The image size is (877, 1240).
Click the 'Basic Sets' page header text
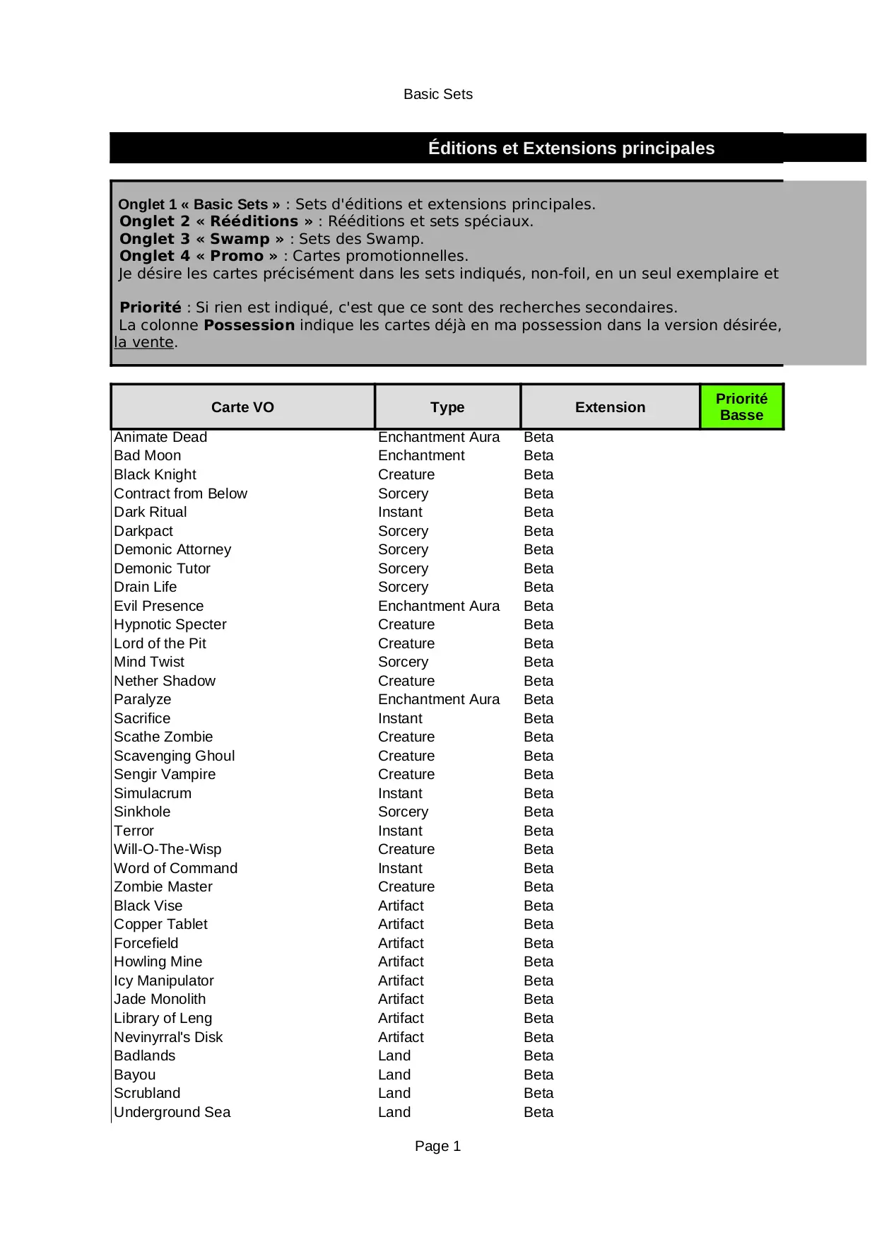[437, 94]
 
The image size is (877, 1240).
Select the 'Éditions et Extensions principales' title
[571, 148]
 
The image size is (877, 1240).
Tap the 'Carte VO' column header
[242, 407]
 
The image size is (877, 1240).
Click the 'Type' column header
[447, 407]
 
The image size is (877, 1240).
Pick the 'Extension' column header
[610, 407]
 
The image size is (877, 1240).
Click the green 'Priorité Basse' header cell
[741, 407]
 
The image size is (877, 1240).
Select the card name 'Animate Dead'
[160, 437]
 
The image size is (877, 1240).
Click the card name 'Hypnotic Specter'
[170, 624]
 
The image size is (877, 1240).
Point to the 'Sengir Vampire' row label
[165, 774]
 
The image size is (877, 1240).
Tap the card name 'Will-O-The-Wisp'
[167, 849]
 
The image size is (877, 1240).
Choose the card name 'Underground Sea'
[172, 1112]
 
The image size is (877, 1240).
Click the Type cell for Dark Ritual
[400, 512]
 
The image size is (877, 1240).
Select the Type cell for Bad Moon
[421, 455]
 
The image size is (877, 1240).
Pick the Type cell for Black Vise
[401, 906]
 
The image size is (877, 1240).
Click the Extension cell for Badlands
[538, 1055]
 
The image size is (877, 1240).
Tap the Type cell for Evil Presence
[439, 606]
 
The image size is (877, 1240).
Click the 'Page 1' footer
[437, 1146]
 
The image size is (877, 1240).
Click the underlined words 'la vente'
[144, 342]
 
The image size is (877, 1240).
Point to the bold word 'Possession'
[249, 325]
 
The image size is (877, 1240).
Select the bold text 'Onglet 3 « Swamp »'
[202, 239]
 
